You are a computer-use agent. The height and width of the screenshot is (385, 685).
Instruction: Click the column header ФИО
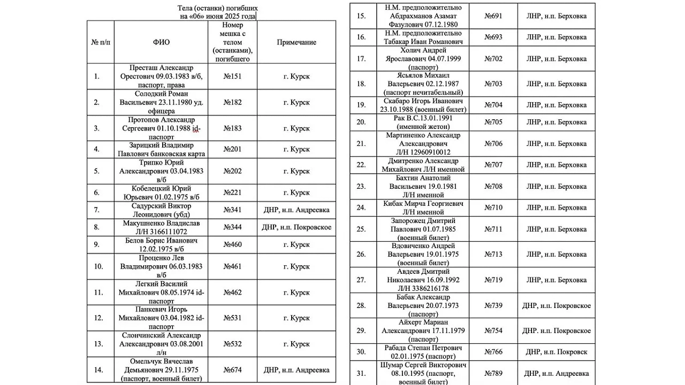point(161,42)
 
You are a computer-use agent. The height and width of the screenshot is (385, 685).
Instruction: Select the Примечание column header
point(296,42)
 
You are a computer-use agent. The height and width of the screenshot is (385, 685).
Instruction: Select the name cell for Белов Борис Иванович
point(161,245)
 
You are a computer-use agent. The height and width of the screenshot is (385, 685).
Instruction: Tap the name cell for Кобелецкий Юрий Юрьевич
point(161,193)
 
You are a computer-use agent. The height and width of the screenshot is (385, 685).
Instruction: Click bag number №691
point(493,16)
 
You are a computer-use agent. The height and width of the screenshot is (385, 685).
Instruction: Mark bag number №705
point(493,122)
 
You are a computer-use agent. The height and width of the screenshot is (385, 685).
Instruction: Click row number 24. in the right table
point(361,208)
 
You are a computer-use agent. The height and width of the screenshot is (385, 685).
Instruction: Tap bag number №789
point(493,373)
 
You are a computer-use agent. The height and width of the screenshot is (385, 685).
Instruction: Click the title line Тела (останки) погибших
point(218,9)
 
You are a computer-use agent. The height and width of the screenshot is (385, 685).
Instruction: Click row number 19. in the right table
point(361,105)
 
